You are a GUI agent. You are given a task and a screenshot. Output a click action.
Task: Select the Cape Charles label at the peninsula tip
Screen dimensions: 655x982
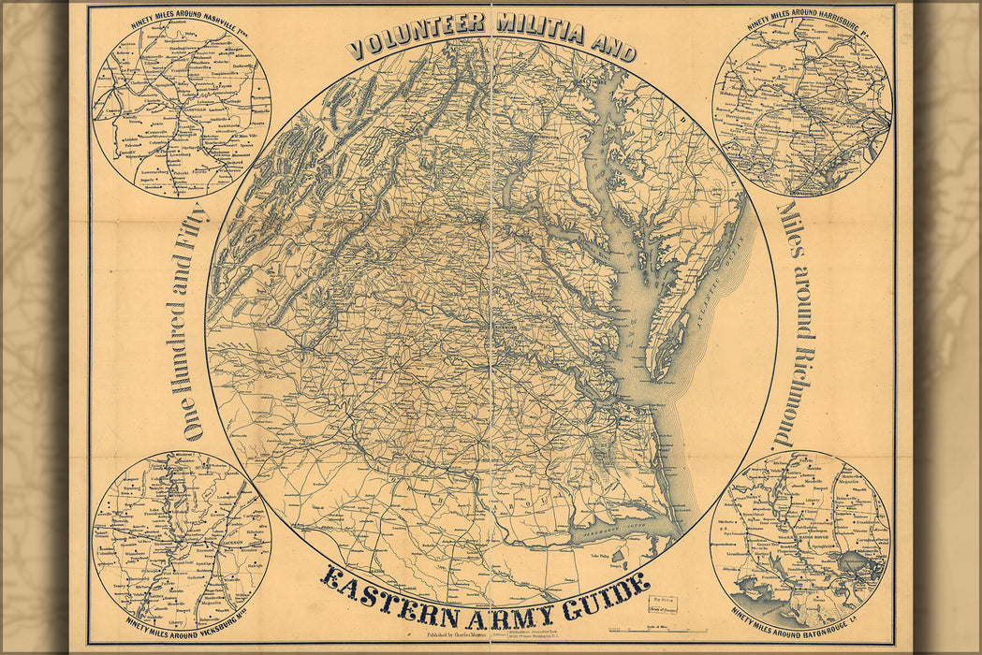(666, 383)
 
